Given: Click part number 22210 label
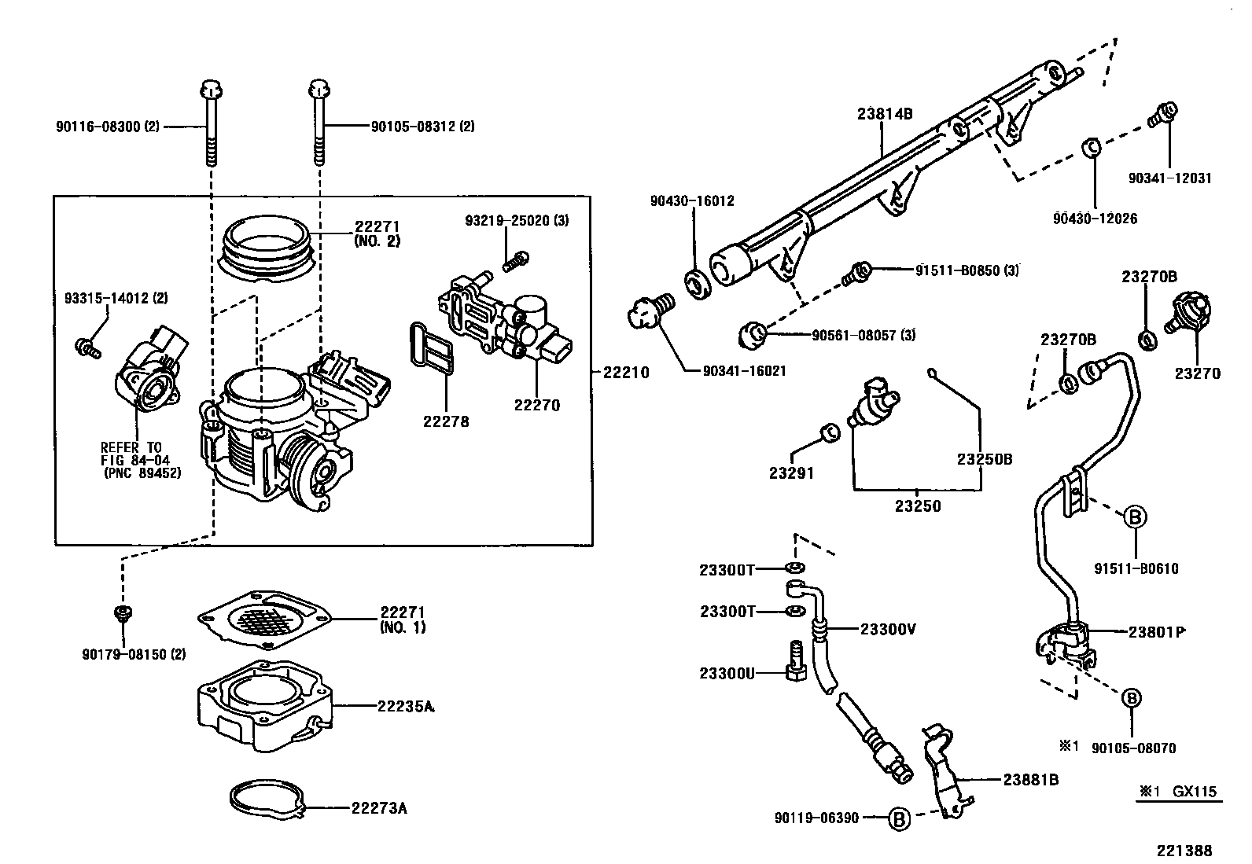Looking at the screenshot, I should tap(626, 373).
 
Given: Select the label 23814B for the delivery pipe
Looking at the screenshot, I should tap(884, 113).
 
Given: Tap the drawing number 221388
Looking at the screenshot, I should tap(1184, 850).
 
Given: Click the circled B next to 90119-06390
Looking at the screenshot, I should tap(898, 818).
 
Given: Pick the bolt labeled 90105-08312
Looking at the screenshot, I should tap(318, 126).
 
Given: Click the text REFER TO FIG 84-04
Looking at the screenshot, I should tap(131, 454).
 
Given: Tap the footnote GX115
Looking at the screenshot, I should tap(1196, 791).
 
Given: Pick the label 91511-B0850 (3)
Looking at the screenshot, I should tap(967, 270).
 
